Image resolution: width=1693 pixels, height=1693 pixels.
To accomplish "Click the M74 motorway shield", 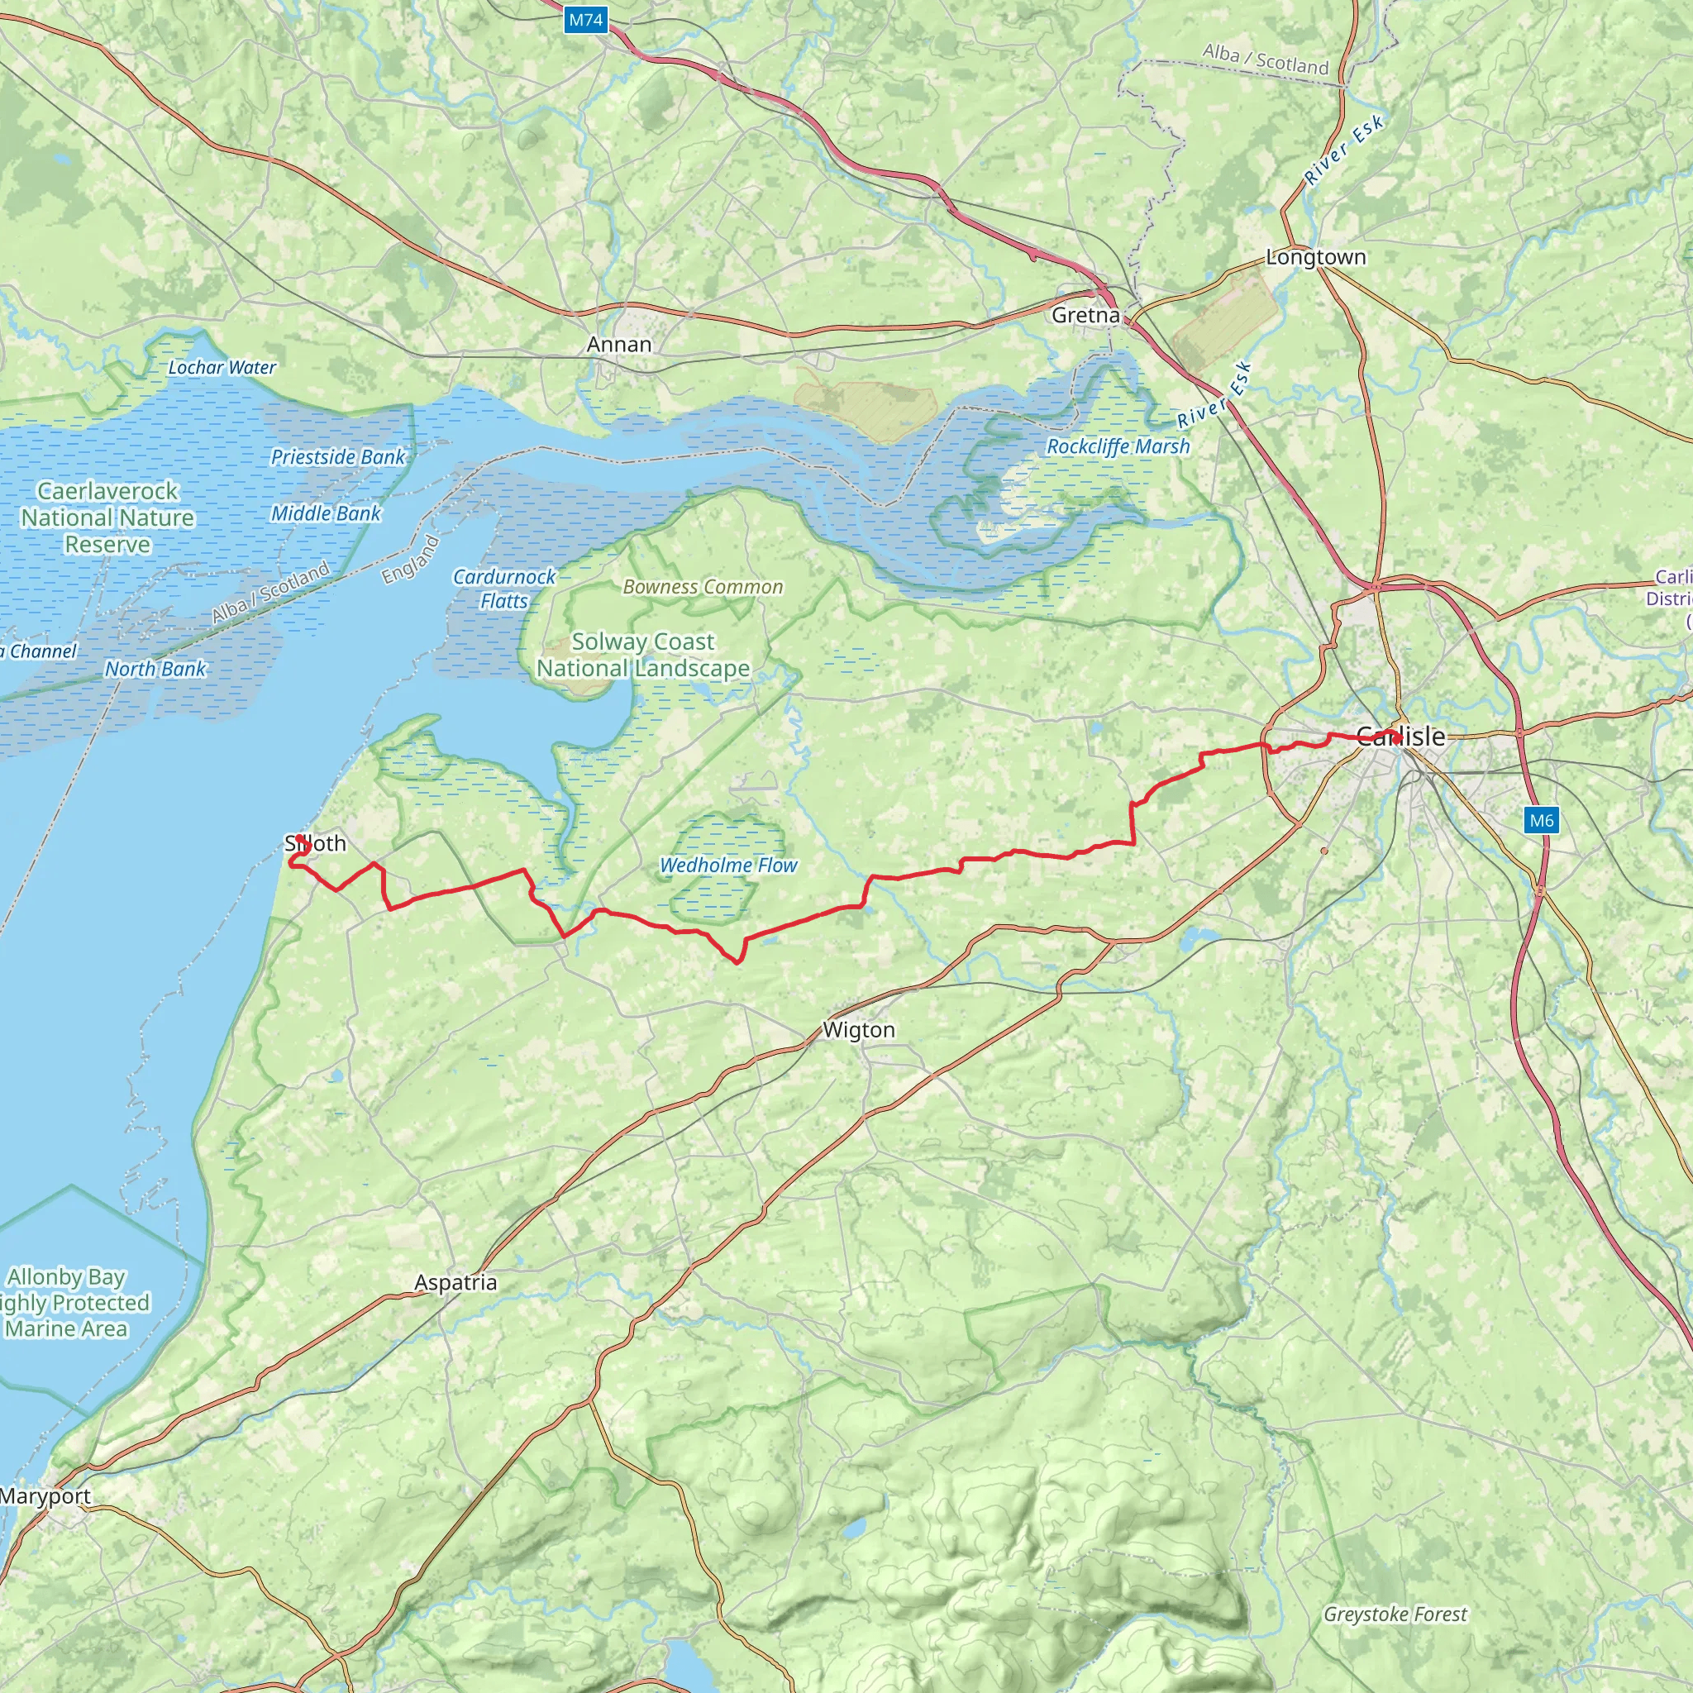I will pyautogui.click(x=585, y=20).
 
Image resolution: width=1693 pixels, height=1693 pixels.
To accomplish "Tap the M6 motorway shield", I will pyautogui.click(x=1541, y=820).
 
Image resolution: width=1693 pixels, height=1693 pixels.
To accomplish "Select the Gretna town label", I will pyautogui.click(x=1085, y=316).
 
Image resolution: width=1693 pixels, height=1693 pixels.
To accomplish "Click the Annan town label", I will pyautogui.click(x=618, y=345).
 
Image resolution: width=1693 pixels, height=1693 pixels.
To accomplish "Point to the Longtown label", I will pyautogui.click(x=1315, y=257).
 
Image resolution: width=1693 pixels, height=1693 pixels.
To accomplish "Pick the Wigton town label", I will pyautogui.click(x=859, y=1030).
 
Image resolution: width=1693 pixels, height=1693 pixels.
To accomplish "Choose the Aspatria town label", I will pyautogui.click(x=455, y=1282).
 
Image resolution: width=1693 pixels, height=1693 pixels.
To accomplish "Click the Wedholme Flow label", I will pyautogui.click(x=728, y=865).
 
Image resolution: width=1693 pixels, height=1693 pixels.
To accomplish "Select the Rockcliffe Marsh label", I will pyautogui.click(x=1118, y=446).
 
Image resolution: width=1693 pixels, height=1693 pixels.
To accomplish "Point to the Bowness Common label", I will pyautogui.click(x=703, y=587).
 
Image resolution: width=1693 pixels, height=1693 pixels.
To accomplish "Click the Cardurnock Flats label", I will pyautogui.click(x=504, y=589).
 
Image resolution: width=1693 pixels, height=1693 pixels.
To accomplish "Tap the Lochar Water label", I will pyautogui.click(x=222, y=367).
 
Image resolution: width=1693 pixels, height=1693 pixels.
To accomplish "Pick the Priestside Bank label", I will pyautogui.click(x=338, y=456).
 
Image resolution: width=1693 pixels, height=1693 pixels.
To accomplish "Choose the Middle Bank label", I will pyautogui.click(x=325, y=513).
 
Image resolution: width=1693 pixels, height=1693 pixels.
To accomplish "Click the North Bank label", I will pyautogui.click(x=155, y=669).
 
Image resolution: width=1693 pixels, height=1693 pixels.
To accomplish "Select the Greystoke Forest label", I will pyautogui.click(x=1395, y=1614).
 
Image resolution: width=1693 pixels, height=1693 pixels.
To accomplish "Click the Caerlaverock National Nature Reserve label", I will pyautogui.click(x=107, y=517).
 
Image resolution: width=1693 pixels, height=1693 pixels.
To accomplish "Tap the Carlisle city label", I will pyautogui.click(x=1400, y=736).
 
